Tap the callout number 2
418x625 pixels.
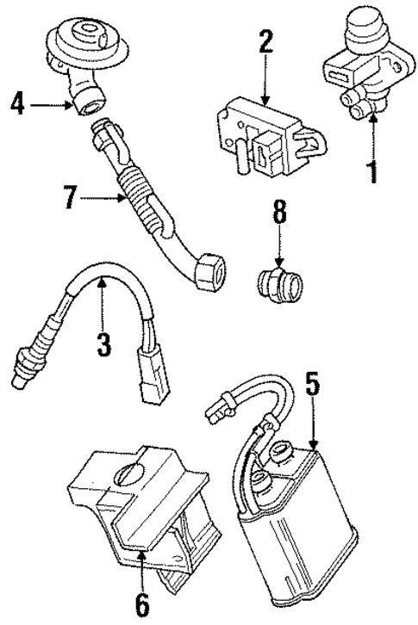pos(265,40)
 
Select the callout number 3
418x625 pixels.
pos(103,345)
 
